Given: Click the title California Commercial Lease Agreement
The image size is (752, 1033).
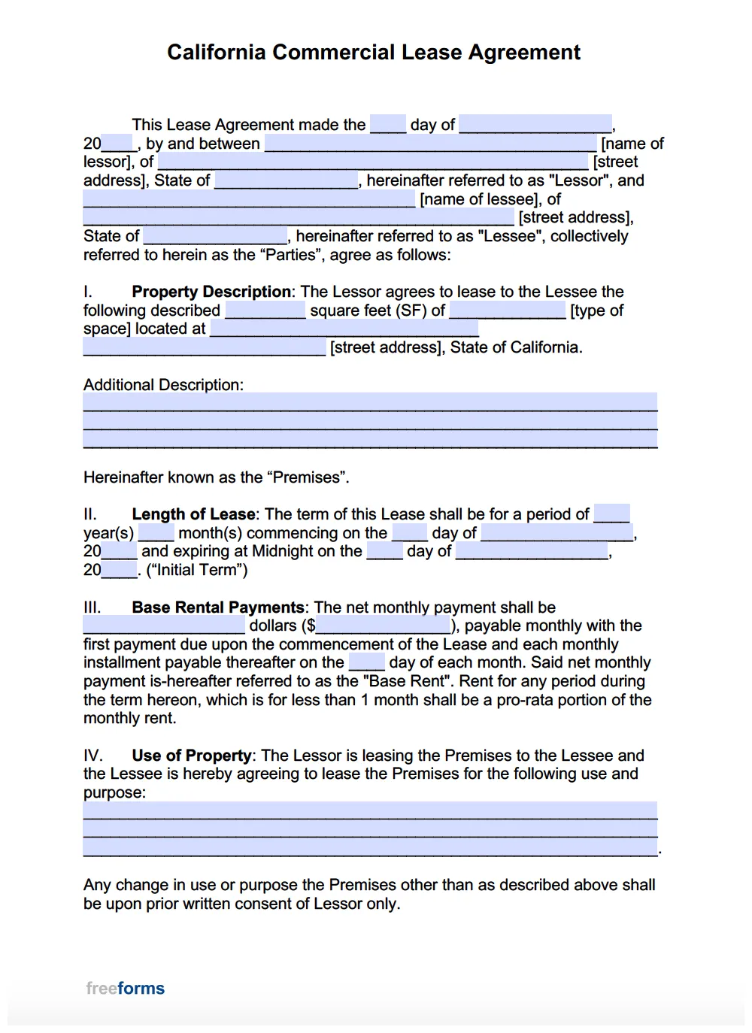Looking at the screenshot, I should tap(374, 53).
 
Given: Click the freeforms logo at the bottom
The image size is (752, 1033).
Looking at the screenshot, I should tap(125, 988).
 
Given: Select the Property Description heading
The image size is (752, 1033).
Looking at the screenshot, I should tap(211, 292).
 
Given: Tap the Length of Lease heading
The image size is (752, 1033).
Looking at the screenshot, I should tap(193, 514).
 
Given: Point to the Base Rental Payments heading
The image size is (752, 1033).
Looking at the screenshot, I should tap(218, 607).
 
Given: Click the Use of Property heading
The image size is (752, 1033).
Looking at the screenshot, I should tap(192, 756).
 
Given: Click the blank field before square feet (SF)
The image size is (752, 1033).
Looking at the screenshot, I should tap(265, 311).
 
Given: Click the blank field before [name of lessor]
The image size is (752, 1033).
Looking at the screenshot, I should tap(431, 144).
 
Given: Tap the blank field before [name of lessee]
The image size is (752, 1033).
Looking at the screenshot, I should tap(249, 199).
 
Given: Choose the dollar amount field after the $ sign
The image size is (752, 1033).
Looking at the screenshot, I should tap(383, 626).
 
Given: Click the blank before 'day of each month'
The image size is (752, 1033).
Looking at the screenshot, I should tap(367, 662).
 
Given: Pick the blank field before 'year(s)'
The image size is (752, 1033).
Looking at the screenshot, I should tap(611, 514).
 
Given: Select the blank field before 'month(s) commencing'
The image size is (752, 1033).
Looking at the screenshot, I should tap(156, 533).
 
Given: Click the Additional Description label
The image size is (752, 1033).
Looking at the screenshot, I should tap(163, 385).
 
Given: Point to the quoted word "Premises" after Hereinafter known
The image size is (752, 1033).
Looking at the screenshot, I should tap(308, 477).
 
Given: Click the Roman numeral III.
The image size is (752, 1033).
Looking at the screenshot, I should tap(92, 607).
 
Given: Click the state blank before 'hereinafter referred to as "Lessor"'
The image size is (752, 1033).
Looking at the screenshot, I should tap(287, 180).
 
